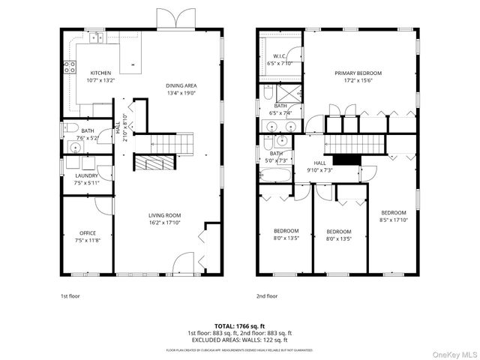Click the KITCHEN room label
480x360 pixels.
pyautogui.click(x=100, y=73)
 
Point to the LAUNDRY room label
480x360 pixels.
pyautogui.click(x=86, y=175)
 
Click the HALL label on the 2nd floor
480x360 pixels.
pyautogui.click(x=319, y=163)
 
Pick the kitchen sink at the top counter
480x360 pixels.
pyautogui.click(x=96, y=37)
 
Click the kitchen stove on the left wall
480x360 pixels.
pyautogui.click(x=69, y=65)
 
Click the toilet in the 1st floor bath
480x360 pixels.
pyautogui.click(x=66, y=128)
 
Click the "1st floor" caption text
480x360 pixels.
pyautogui.click(x=70, y=295)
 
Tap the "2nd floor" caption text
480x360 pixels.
pyautogui.click(x=266, y=295)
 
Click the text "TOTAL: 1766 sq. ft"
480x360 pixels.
pyautogui.click(x=239, y=326)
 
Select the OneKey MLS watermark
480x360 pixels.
pyautogui.click(x=452, y=352)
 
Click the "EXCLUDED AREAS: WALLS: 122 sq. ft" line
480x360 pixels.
pyautogui.click(x=239, y=338)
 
